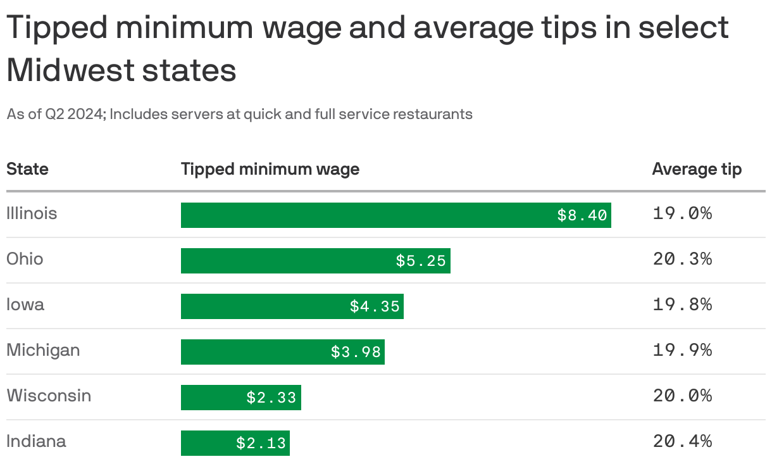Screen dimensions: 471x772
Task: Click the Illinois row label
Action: coord(32,213)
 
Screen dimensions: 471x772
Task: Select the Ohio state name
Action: coord(25,259)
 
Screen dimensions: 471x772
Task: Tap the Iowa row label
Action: coord(25,305)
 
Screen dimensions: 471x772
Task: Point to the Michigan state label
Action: coord(43,350)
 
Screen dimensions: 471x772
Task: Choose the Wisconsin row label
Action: coord(49,396)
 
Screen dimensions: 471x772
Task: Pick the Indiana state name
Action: coord(36,441)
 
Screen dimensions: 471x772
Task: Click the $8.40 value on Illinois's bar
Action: coord(582,215)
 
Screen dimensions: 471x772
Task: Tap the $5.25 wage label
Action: coord(421,261)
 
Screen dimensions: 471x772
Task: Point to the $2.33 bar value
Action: coord(271,398)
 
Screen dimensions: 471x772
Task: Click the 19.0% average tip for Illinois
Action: coord(682,213)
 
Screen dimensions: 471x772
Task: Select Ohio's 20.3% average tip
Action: coord(682,259)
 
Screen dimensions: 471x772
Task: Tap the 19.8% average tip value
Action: coord(682,305)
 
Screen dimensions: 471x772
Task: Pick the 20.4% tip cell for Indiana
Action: coord(682,441)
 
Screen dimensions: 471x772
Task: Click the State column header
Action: coord(27,169)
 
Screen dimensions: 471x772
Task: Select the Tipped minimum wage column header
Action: coord(270,169)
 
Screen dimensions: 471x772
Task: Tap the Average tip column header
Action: coord(697,169)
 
